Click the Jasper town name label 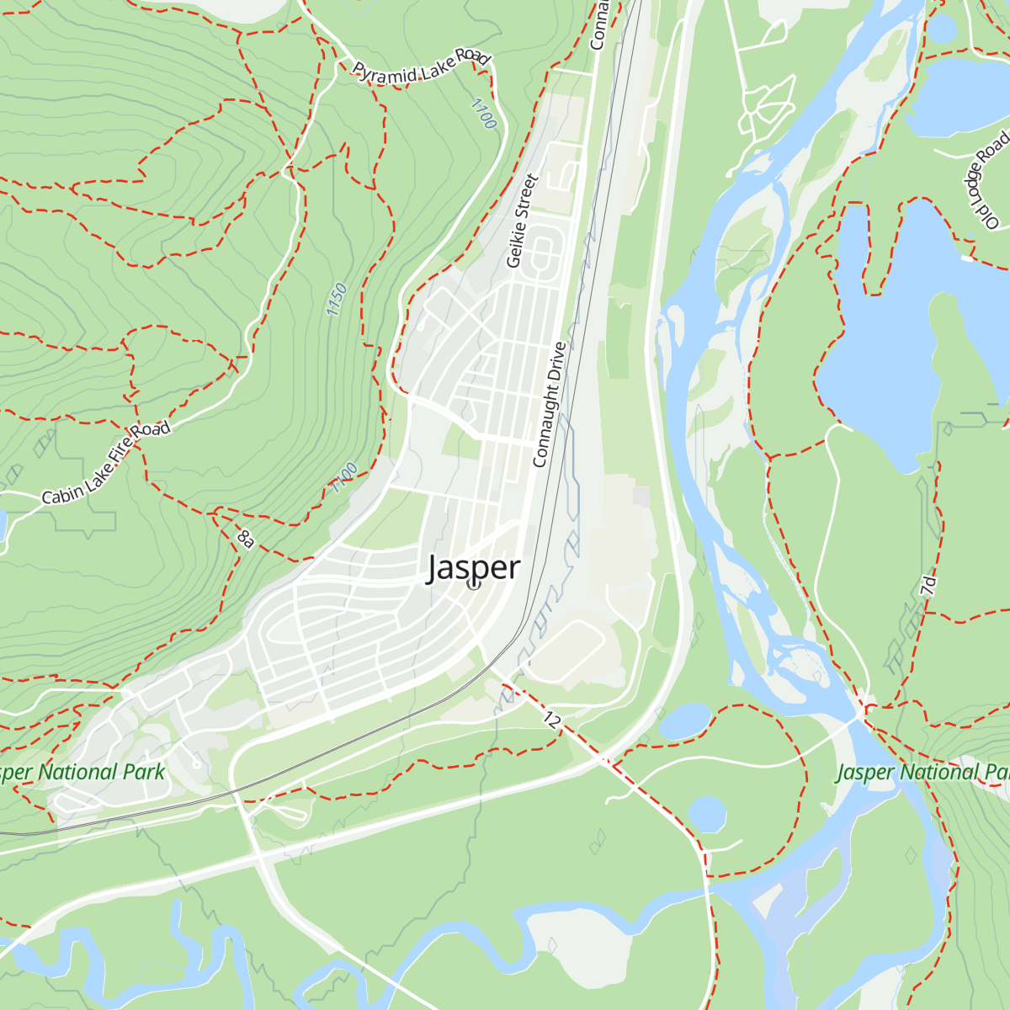coord(474,569)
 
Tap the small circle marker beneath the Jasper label coord(473,583)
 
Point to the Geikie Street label coord(521,221)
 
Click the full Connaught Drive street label coord(550,404)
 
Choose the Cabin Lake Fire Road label coord(106,463)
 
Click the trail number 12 coord(551,720)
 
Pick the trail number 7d coord(928,586)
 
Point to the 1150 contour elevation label coord(337,300)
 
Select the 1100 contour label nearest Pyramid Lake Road coord(483,114)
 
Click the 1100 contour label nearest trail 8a coord(345,478)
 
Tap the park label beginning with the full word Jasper coord(922,773)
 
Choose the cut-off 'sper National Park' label coord(82,773)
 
